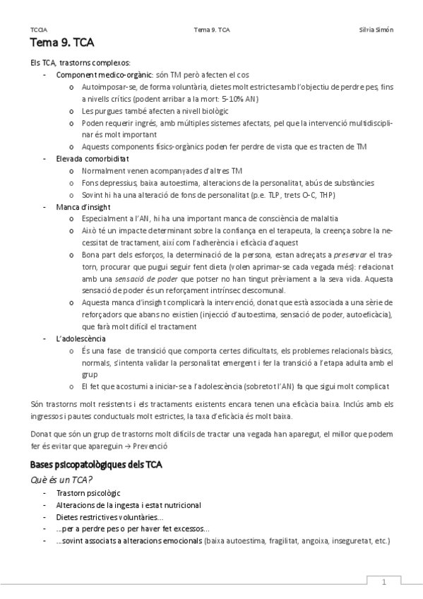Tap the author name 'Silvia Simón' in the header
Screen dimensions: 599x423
point(376,30)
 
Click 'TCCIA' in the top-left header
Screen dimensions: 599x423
point(40,30)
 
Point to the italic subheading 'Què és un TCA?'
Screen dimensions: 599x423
point(62,480)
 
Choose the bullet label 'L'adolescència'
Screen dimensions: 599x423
point(78,338)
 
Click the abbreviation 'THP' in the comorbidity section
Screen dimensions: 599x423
point(328,194)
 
